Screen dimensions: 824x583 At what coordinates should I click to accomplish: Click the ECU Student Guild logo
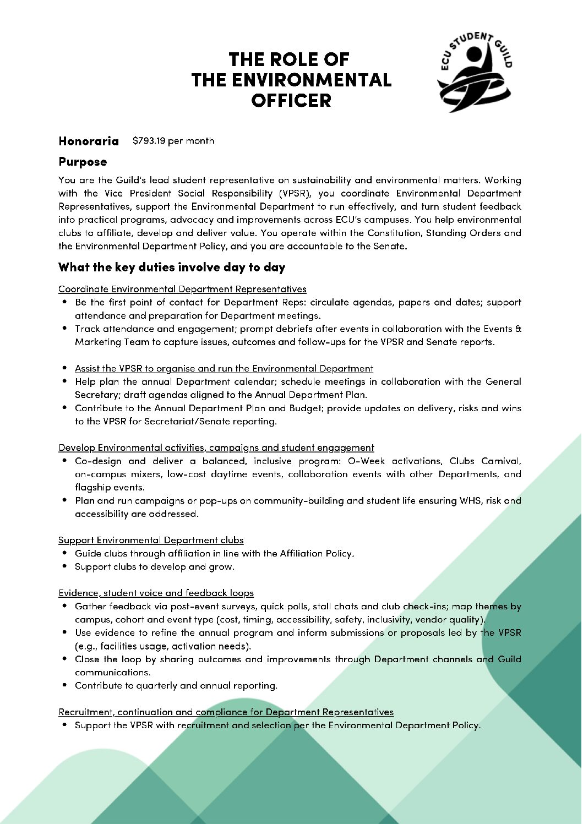click(x=475, y=72)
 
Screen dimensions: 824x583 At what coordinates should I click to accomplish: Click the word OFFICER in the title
click(x=291, y=101)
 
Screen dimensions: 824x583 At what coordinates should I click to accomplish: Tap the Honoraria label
click(x=89, y=141)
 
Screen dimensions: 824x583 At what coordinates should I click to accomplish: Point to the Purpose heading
click(x=83, y=162)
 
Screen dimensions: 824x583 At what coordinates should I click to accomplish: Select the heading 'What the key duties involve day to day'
click(x=172, y=268)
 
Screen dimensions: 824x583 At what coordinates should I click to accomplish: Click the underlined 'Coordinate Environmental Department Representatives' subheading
click(x=182, y=289)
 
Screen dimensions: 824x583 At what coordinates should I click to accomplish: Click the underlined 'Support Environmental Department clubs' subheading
click(x=151, y=540)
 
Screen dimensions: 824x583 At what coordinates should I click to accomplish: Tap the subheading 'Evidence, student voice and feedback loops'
click(x=156, y=593)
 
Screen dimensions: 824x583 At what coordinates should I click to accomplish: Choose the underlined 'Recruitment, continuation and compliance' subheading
click(x=226, y=712)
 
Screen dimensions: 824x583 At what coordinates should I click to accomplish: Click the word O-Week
click(x=367, y=461)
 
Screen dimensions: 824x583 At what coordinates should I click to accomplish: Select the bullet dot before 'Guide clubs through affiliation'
click(x=65, y=553)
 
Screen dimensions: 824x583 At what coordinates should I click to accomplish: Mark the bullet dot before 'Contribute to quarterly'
click(x=65, y=685)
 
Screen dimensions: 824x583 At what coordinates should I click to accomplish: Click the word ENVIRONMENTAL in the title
click(x=291, y=80)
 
